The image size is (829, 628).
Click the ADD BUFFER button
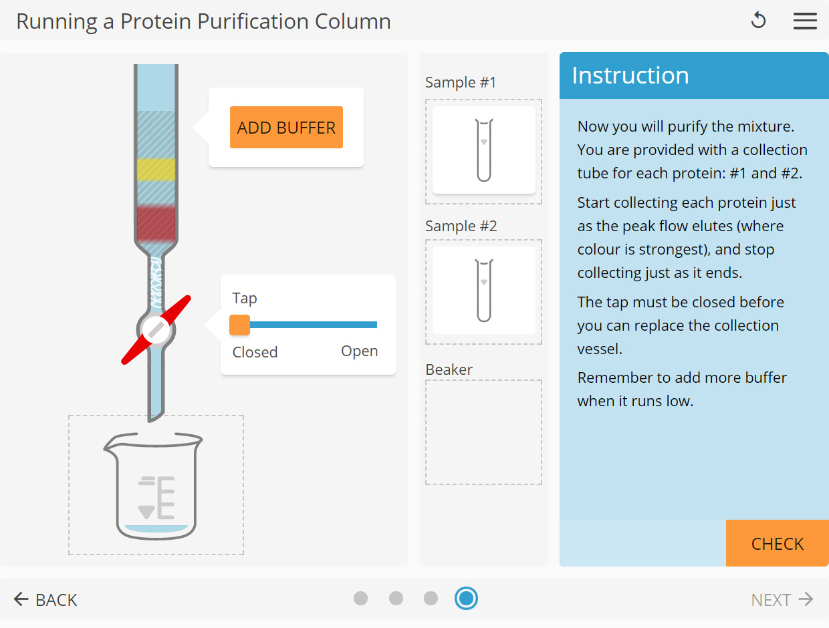286,127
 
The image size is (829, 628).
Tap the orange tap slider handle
239,325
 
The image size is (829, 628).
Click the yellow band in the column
156,170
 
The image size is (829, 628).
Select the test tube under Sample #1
483,150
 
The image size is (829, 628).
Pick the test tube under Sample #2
483,291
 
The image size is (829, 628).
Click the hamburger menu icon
805,21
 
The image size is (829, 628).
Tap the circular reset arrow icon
758,21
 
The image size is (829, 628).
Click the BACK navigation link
45,600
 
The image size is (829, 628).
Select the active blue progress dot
466,598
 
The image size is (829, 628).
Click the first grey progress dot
361,598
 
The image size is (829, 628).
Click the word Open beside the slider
359,351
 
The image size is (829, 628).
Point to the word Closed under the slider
255,352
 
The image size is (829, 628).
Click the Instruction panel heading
630,75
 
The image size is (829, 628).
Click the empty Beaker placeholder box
483,432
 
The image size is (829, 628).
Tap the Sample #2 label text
461,226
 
